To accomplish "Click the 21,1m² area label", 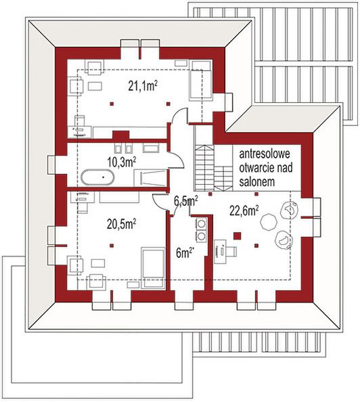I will pyautogui.click(x=143, y=85).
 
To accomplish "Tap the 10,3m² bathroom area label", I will pyautogui.click(x=122, y=161).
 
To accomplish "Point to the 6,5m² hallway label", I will pyautogui.click(x=185, y=201).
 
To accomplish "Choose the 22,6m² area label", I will pyautogui.click(x=244, y=210).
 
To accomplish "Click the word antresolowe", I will pyautogui.click(x=268, y=154).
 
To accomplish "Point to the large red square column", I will pyautogui.click(x=237, y=236).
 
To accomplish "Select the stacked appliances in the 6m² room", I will pyautogui.click(x=201, y=229).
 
